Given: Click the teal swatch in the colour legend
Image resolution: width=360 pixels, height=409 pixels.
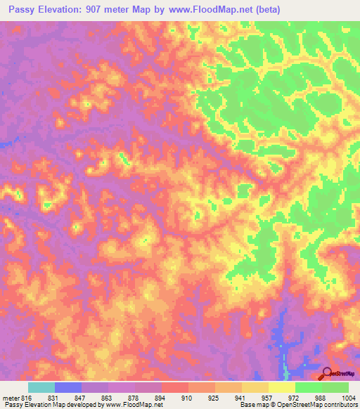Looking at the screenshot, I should [x=41, y=387].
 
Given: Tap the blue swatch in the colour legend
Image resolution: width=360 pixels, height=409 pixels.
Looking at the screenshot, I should [x=68, y=387].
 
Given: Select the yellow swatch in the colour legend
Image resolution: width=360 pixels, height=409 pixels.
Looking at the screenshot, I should [x=282, y=387].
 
